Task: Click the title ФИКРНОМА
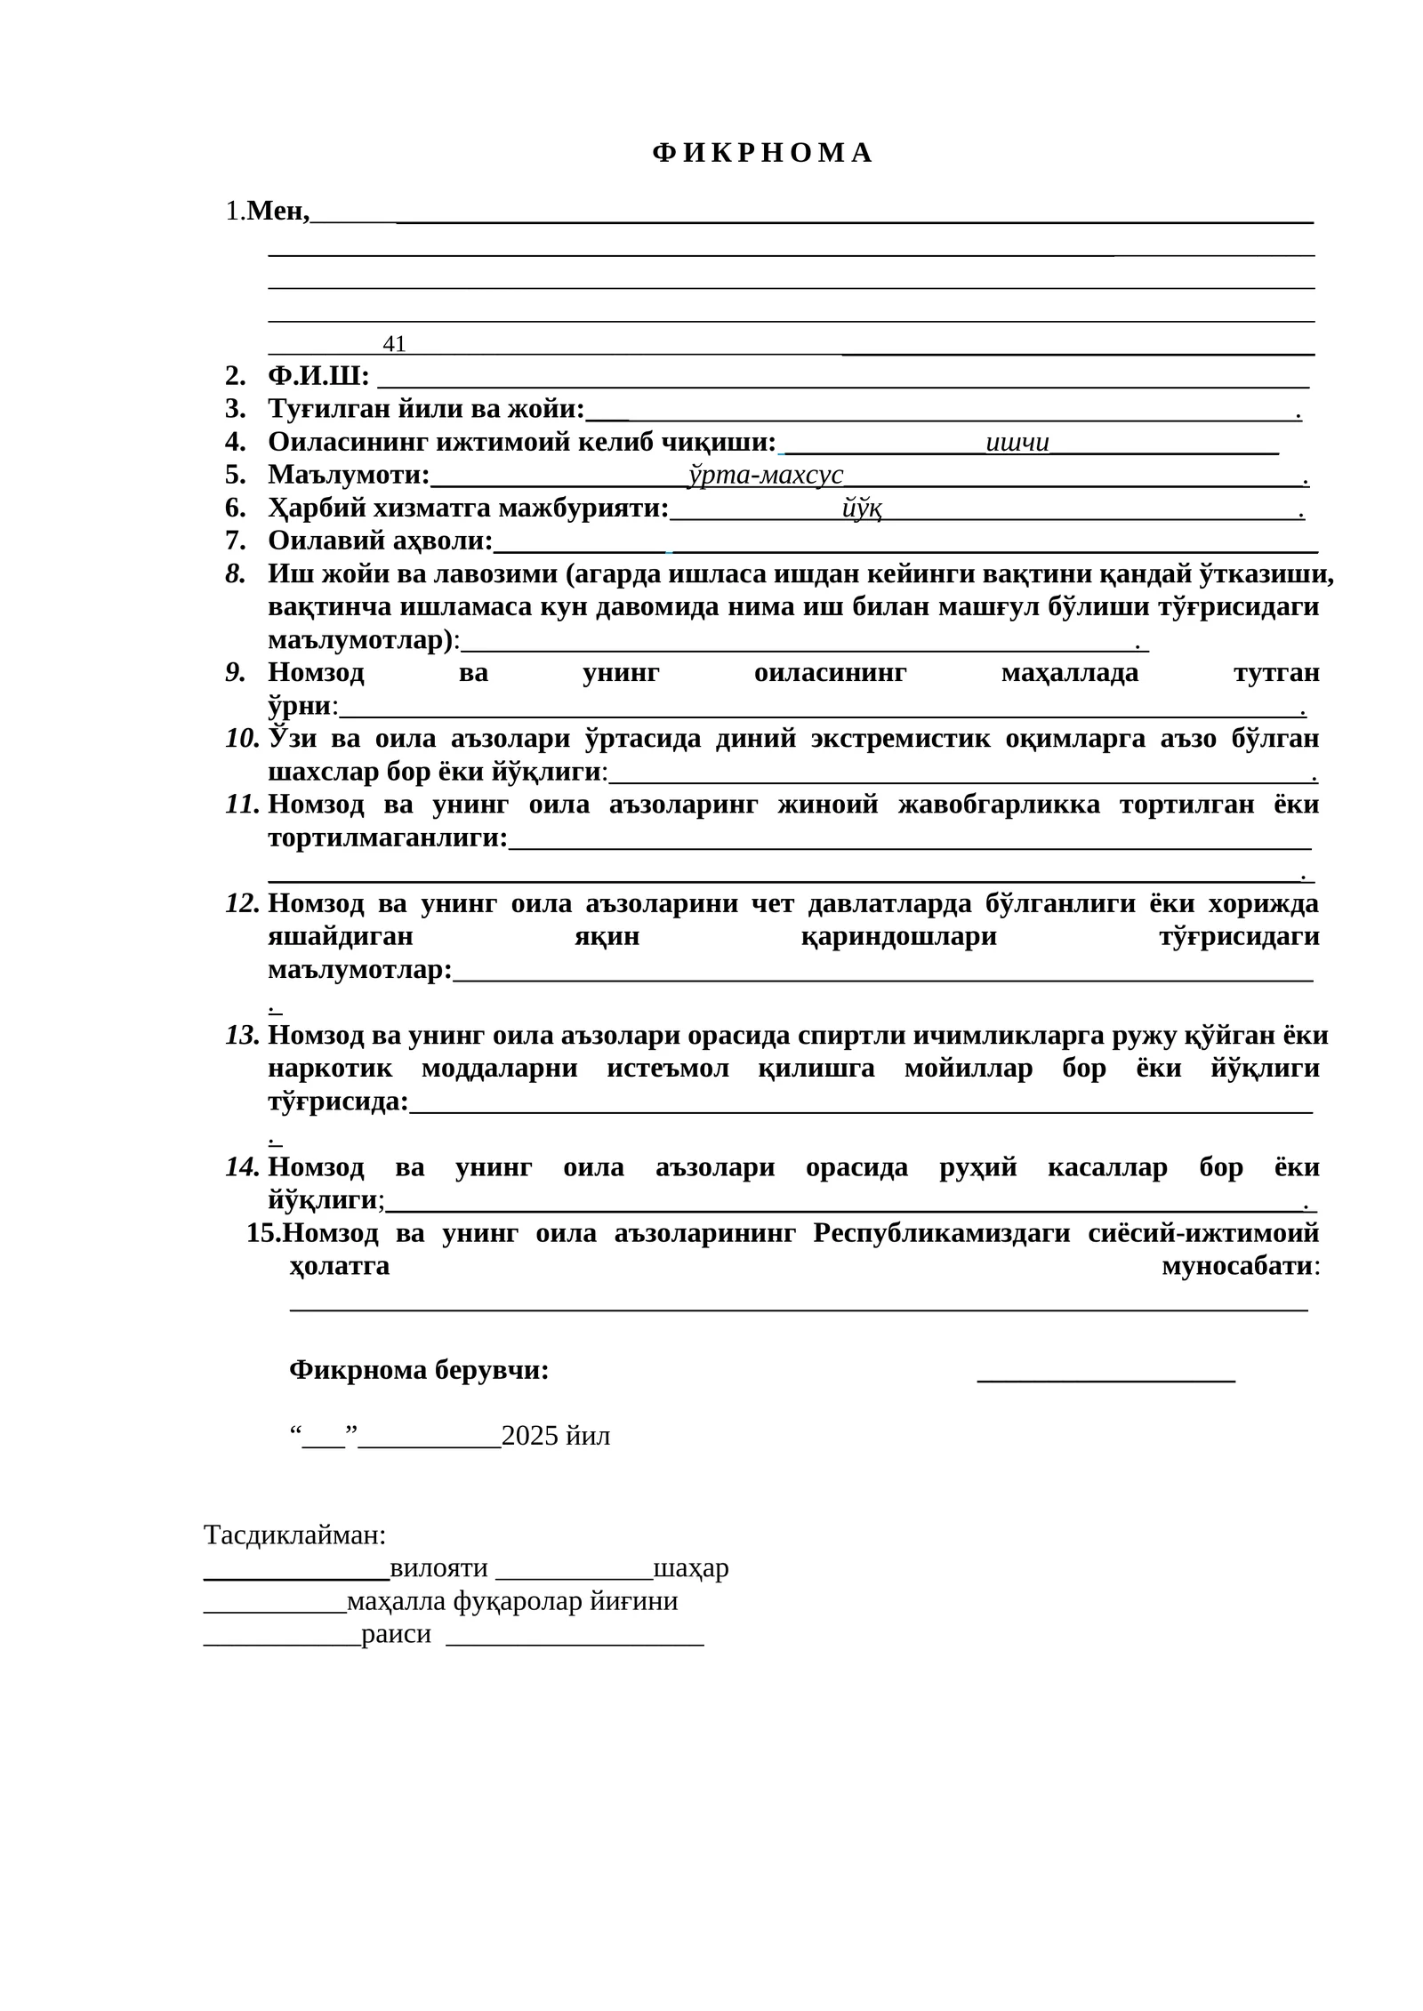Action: point(761,153)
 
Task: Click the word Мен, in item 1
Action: point(278,212)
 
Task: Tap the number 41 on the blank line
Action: point(394,344)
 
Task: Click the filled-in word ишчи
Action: point(1017,442)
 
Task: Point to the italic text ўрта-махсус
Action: point(766,475)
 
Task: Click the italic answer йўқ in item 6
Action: point(861,509)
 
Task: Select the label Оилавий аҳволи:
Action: point(381,541)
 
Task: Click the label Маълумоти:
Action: point(349,475)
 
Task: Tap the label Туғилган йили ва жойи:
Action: point(426,409)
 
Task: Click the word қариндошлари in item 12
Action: point(898,937)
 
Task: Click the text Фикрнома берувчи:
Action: point(419,1370)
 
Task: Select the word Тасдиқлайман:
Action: point(294,1534)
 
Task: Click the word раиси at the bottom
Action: point(396,1634)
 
